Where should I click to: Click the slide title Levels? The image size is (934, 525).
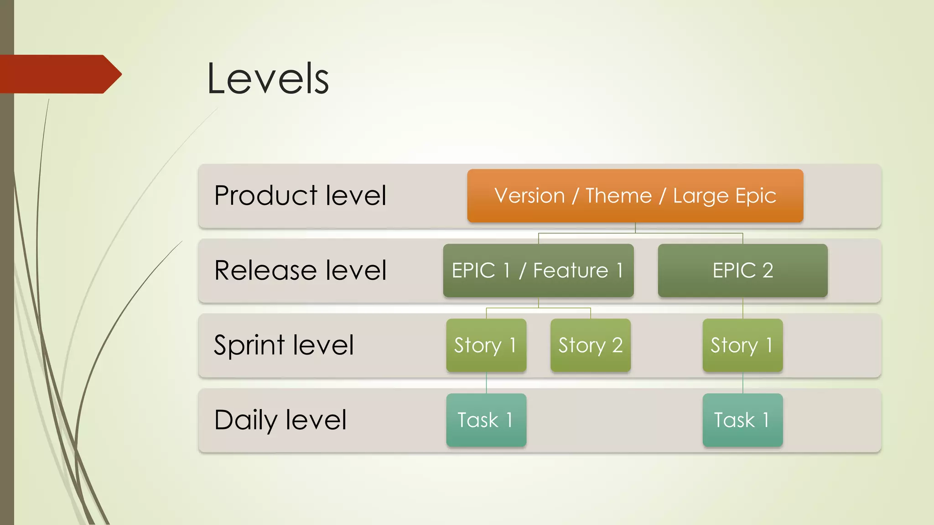(268, 79)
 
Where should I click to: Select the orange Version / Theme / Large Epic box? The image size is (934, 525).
(635, 196)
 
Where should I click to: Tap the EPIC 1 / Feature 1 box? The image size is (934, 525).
(538, 270)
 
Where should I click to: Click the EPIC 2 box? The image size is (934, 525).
(742, 270)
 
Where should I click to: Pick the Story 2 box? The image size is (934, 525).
(590, 345)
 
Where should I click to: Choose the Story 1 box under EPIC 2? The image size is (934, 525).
(742, 345)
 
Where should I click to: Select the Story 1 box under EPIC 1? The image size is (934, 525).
(486, 345)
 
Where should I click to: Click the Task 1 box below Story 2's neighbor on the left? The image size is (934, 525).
(486, 420)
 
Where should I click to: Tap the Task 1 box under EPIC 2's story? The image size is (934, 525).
(742, 420)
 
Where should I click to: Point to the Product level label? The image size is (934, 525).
(300, 196)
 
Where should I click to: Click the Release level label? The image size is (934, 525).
(300, 270)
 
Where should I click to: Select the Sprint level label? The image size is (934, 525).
(284, 345)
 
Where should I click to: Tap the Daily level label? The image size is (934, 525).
(280, 420)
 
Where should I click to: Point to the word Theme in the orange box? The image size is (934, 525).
(618, 196)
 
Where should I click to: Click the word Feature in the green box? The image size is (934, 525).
(571, 270)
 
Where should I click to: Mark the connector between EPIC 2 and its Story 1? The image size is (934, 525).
(743, 308)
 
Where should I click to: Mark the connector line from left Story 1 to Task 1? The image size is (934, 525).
(486, 383)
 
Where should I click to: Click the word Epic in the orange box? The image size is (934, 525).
(755, 196)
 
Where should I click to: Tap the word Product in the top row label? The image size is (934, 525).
(265, 196)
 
